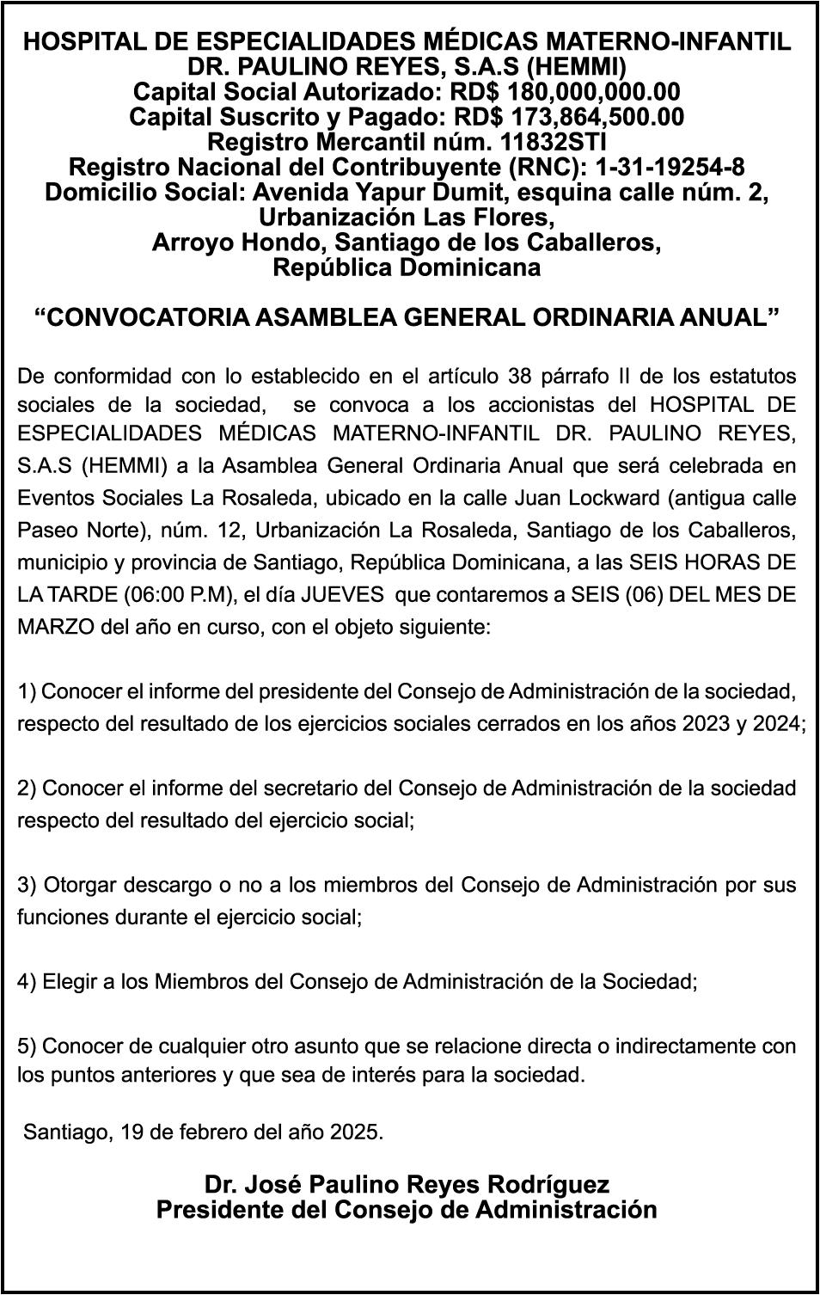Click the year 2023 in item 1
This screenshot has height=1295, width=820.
click(704, 724)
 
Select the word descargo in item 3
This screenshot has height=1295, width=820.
click(165, 886)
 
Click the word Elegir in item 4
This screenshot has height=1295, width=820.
click(70, 981)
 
